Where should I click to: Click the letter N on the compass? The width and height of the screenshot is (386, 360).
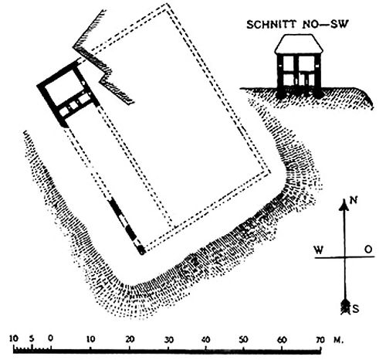point(354,200)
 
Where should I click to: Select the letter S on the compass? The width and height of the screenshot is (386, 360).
point(355,309)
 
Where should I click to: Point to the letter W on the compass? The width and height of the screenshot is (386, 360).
point(319,250)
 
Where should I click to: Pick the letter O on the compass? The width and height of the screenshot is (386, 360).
point(369,250)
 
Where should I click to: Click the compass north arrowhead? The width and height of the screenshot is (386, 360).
point(344,205)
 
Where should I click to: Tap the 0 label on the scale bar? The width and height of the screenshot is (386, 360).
point(51,338)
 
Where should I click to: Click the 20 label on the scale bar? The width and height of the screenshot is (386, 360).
point(130,339)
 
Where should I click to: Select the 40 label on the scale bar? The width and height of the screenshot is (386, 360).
point(205,340)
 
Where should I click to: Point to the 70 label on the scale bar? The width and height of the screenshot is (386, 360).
point(320,340)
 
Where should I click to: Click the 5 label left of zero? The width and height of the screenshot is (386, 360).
point(32,338)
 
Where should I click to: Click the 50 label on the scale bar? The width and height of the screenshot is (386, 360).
point(243,340)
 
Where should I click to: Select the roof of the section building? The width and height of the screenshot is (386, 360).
point(299,44)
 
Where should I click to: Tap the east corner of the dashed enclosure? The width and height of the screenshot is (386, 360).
point(270,172)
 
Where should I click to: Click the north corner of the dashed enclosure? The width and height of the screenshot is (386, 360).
point(168,5)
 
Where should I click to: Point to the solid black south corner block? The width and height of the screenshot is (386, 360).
point(141,250)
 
